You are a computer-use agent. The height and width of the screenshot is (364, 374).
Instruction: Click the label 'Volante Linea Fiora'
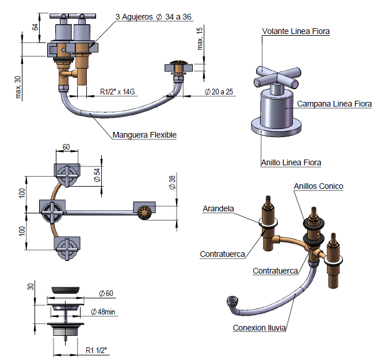coord(296,32)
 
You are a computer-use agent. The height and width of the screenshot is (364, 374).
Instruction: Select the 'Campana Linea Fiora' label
coord(334,104)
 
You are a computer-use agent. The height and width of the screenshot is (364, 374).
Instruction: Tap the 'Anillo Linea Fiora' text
coord(291,162)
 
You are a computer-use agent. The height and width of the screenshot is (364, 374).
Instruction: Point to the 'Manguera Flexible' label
coord(144,135)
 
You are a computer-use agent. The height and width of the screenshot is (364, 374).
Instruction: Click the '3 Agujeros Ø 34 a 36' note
coord(154,17)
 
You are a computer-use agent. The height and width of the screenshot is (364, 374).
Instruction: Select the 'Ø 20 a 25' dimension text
coord(220,92)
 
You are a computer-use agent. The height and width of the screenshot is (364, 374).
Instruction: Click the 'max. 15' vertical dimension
coord(200,39)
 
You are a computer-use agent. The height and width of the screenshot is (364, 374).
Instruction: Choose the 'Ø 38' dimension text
coord(172,183)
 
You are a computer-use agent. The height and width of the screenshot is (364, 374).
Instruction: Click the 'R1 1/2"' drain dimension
coord(96,350)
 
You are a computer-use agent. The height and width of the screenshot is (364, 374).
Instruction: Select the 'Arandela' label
coord(218,208)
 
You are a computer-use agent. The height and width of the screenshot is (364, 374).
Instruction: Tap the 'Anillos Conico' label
coord(318,186)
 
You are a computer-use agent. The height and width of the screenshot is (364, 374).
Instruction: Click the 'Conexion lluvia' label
coord(259,328)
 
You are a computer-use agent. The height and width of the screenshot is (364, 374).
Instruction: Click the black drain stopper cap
coord(66,289)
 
